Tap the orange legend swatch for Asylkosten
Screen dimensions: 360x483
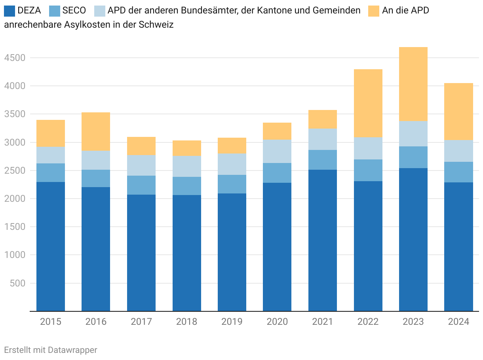tap(374, 11)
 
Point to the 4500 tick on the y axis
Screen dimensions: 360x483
tap(15, 58)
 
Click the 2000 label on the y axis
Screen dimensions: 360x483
tap(15, 199)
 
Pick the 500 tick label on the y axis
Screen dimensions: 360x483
tap(18, 283)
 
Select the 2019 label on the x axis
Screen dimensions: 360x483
tap(232, 322)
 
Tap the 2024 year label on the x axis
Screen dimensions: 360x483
tap(458, 322)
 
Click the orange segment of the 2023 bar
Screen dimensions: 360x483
tap(413, 84)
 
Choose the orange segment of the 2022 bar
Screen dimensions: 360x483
tap(368, 103)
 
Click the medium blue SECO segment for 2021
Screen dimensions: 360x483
tap(323, 160)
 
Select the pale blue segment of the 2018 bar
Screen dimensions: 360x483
tap(187, 166)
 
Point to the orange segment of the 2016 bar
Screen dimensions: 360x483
tap(96, 132)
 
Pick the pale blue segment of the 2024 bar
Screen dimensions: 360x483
tap(458, 151)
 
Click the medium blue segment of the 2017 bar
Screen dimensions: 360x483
tap(141, 185)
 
